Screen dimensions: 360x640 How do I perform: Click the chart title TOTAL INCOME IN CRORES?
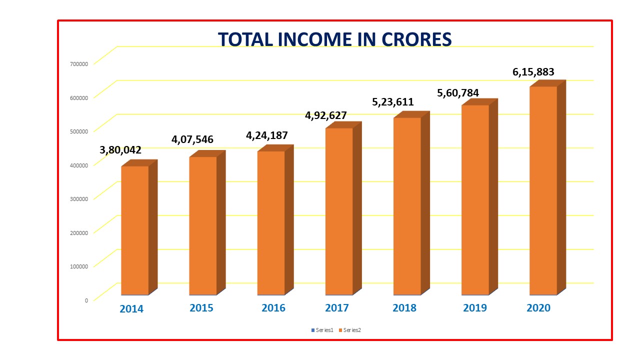[x=334, y=39]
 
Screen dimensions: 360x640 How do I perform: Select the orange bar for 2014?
[x=135, y=230]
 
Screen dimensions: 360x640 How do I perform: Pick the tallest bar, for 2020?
[x=543, y=190]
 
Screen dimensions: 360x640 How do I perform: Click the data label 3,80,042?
[x=120, y=149]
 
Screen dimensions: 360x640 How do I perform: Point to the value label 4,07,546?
[x=192, y=139]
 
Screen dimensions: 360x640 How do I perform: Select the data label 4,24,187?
[x=267, y=135]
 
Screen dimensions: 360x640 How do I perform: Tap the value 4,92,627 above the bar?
[x=326, y=115]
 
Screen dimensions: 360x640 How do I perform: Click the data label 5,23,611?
[x=393, y=102]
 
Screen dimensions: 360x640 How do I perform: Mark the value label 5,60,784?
[x=458, y=92]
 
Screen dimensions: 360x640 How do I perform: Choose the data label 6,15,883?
[x=533, y=72]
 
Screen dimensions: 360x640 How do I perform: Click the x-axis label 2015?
[x=201, y=308]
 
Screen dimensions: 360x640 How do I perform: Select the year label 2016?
[x=273, y=308]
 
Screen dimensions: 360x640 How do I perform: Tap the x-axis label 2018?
[x=404, y=308]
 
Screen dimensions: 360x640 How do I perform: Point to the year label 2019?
[x=475, y=308]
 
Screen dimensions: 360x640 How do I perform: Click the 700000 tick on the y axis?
[x=79, y=63]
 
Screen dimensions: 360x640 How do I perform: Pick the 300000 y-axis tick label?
[x=79, y=198]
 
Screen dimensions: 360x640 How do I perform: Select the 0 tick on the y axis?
[x=86, y=300]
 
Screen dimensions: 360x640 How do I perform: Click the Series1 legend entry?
[x=322, y=330]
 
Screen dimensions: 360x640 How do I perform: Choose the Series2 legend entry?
[x=351, y=330]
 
